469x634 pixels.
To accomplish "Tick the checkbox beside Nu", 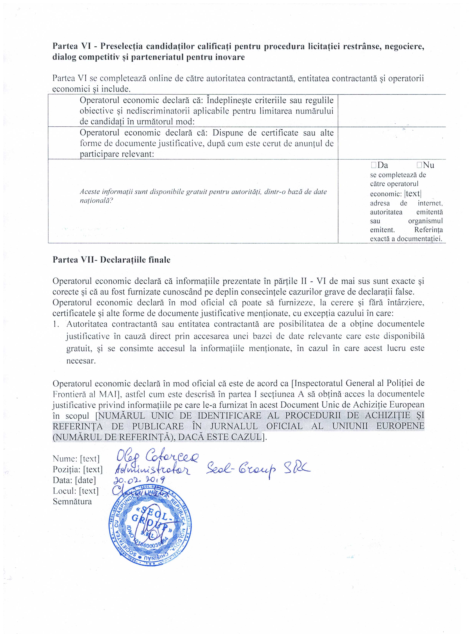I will [419, 165].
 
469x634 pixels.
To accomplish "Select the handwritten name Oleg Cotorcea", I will [158, 457].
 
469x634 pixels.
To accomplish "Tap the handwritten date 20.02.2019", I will [139, 480].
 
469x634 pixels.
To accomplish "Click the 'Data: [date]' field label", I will [74, 480].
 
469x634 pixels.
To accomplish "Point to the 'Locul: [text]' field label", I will [75, 491].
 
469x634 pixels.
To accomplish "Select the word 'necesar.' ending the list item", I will [81, 361].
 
